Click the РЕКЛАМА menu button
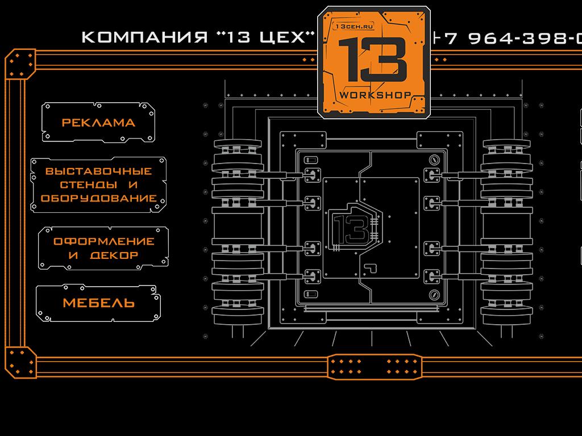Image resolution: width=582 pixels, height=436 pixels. pyautogui.click(x=98, y=122)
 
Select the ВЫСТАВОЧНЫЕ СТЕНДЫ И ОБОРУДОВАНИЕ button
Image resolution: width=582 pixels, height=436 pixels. pyautogui.click(x=98, y=185)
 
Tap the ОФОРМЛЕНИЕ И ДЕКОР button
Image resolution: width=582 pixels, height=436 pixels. pyautogui.click(x=103, y=248)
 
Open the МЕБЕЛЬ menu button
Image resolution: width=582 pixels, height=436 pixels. pyautogui.click(x=98, y=303)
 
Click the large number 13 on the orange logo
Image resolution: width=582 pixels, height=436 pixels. pyautogui.click(x=372, y=61)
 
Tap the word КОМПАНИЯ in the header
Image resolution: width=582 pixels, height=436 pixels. pyautogui.click(x=144, y=37)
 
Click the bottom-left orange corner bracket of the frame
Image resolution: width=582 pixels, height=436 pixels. pyautogui.click(x=20, y=362)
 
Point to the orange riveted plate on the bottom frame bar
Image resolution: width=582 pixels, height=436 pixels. pyautogui.click(x=375, y=366)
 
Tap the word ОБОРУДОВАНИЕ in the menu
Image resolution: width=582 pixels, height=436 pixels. pyautogui.click(x=98, y=199)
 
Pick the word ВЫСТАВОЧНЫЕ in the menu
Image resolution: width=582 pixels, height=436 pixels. pyautogui.click(x=98, y=171)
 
